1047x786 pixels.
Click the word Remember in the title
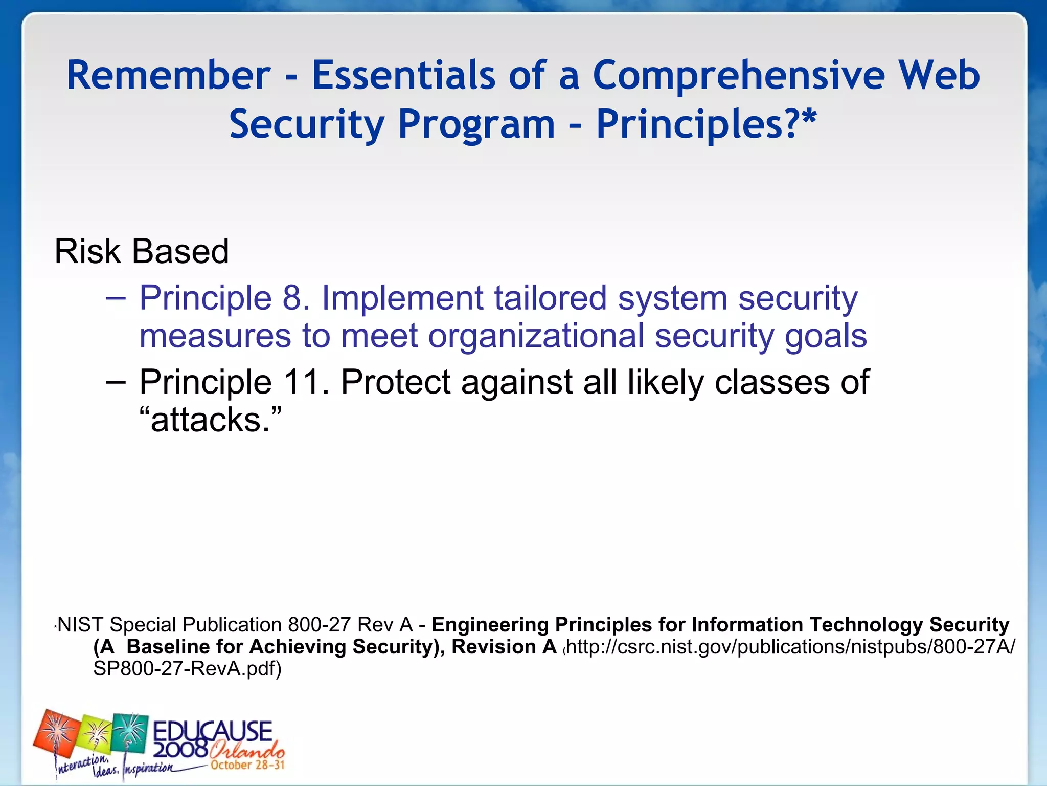[x=168, y=75]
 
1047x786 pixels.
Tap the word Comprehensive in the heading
[x=738, y=75]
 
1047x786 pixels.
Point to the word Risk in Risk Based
[x=87, y=252]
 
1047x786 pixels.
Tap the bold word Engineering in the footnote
[x=490, y=625]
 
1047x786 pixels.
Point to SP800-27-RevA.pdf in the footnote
[x=187, y=669]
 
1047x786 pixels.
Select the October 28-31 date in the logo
[x=247, y=765]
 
